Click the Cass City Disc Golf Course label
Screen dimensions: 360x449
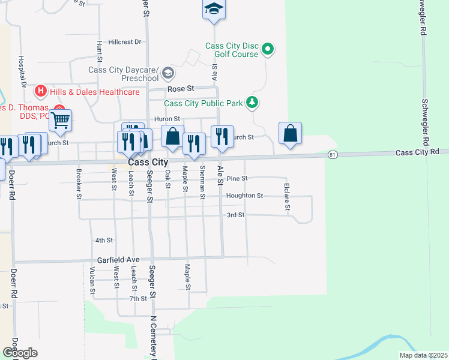(232, 50)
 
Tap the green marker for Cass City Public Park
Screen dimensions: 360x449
(253, 103)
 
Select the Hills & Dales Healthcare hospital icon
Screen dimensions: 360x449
(41, 92)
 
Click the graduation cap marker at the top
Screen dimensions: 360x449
(213, 9)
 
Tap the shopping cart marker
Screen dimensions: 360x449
(60, 121)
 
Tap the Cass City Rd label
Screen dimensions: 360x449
(418, 152)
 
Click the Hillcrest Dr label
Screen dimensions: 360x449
(124, 42)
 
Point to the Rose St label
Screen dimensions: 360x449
(181, 88)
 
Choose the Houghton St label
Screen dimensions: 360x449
(244, 196)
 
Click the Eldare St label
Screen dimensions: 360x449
(288, 196)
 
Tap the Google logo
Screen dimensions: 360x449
(20, 353)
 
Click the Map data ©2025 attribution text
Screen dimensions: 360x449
(423, 355)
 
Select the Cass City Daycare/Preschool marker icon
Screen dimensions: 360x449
(168, 74)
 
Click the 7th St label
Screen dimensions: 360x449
(137, 298)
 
